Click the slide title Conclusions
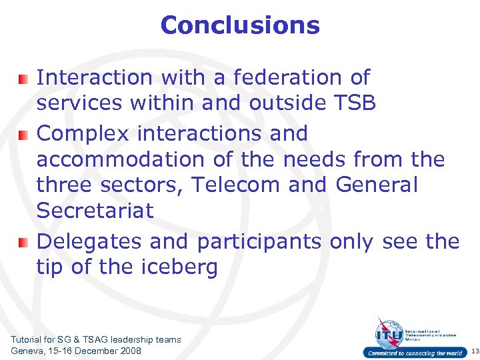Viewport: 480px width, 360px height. (240, 25)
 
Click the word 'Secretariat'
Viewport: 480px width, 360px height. (95, 211)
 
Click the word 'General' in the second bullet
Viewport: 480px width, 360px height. (377, 184)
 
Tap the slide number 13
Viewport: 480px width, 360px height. (474, 351)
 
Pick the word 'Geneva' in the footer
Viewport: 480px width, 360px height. (27, 351)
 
